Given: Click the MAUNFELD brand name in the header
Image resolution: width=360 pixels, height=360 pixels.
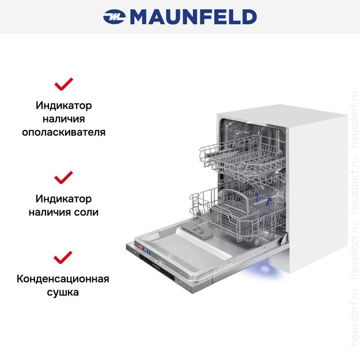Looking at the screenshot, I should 193,17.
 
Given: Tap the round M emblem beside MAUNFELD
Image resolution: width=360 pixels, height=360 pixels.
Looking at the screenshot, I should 114,17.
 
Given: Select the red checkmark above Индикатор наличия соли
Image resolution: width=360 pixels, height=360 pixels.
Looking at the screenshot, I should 63,176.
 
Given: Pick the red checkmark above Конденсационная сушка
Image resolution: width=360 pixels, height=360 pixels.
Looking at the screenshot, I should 63,257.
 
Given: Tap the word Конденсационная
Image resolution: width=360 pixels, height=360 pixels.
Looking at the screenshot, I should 63,279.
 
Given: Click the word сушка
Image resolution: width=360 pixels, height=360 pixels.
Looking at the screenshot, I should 63,293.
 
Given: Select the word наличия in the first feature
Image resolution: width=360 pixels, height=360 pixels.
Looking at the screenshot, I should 63,119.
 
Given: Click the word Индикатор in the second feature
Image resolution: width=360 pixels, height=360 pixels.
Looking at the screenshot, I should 63,199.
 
